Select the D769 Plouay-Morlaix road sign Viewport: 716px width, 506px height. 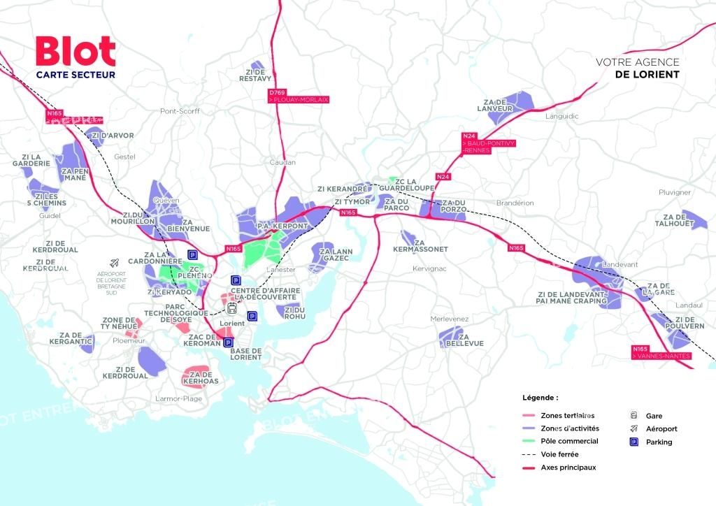(298, 96)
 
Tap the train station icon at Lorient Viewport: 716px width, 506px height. (231, 308)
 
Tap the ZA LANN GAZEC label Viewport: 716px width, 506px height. (334, 254)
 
